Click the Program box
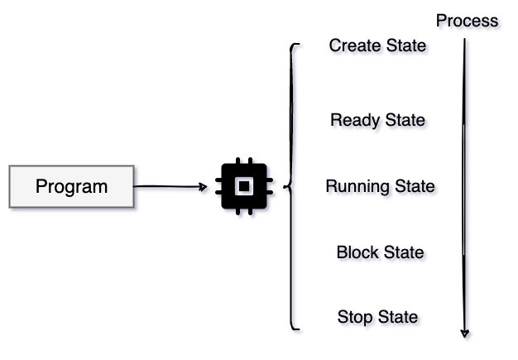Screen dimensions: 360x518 [x=71, y=186]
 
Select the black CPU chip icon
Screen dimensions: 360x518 [x=242, y=187]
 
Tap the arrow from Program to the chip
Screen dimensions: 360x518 [x=170, y=187]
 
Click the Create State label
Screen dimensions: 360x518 [x=377, y=45]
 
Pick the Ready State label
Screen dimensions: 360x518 [x=377, y=120]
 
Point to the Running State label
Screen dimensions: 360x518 [x=380, y=186]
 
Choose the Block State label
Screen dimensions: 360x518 [x=380, y=252]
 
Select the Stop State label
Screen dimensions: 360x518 [x=377, y=317]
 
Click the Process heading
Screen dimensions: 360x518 [x=468, y=21]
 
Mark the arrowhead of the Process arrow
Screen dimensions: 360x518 [x=464, y=333]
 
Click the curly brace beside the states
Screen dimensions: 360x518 [x=290, y=187]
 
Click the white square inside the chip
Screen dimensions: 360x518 [x=242, y=187]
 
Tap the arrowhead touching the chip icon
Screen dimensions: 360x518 [x=204, y=187]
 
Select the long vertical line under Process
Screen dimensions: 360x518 [x=464, y=182]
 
